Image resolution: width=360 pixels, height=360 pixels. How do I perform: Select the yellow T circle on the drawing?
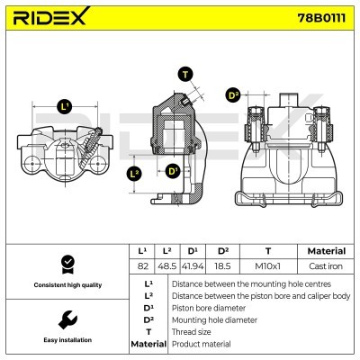185,75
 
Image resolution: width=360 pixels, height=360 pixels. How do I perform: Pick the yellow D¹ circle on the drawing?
173,170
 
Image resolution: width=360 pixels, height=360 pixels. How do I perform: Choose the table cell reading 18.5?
223,266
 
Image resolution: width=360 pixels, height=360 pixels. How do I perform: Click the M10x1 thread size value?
268,266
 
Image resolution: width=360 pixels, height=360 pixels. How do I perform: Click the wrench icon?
66,320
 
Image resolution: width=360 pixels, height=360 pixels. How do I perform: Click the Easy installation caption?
66,340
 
